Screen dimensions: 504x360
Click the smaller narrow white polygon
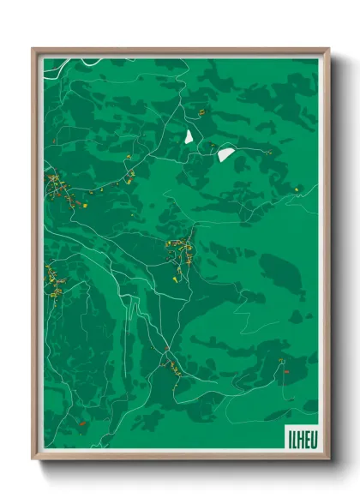coord(189,136)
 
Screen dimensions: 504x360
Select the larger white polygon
coord(225,153)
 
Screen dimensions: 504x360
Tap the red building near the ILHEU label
coord(286,370)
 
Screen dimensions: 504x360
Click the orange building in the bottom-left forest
coord(80,421)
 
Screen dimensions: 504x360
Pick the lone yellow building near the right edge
coord(296,189)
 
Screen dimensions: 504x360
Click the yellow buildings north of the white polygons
coord(201,111)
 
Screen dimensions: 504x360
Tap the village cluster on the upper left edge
coord(58,187)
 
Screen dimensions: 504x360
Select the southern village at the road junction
coord(166,360)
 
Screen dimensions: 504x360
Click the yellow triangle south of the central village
coord(178,277)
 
